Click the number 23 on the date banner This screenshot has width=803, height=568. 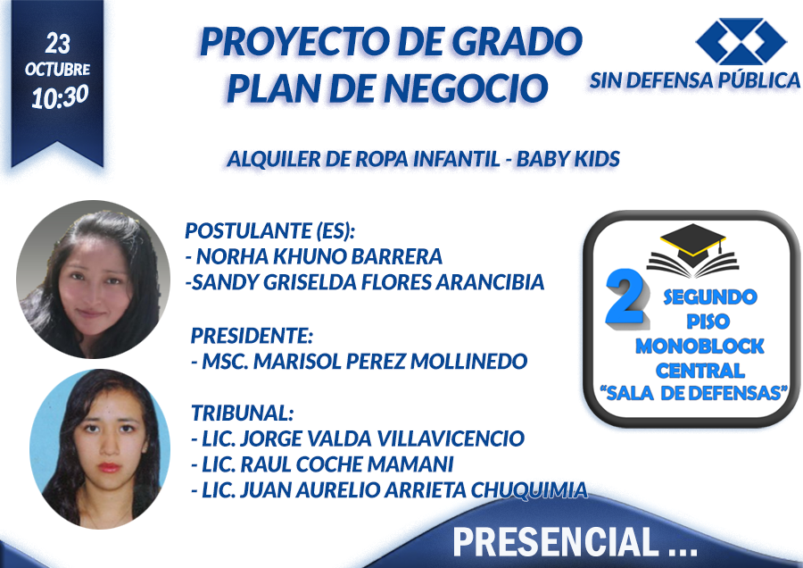pyautogui.click(x=57, y=44)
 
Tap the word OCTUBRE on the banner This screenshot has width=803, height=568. pyautogui.click(x=57, y=69)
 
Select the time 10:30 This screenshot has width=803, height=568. pyautogui.click(x=60, y=96)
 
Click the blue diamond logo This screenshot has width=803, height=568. pyautogui.click(x=741, y=41)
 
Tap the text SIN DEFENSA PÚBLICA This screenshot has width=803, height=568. pyautogui.click(x=694, y=80)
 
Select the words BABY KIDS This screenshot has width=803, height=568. pyautogui.click(x=568, y=159)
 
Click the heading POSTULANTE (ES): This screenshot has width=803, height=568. pyautogui.click(x=269, y=231)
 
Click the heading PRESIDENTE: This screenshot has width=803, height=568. pyautogui.click(x=252, y=336)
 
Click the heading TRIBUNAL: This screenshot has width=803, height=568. pyautogui.click(x=242, y=413)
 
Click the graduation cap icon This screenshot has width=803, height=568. pyautogui.click(x=693, y=250)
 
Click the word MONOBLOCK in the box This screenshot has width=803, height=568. pyautogui.click(x=700, y=347)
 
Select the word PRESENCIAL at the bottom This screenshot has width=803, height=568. pyautogui.click(x=556, y=542)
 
